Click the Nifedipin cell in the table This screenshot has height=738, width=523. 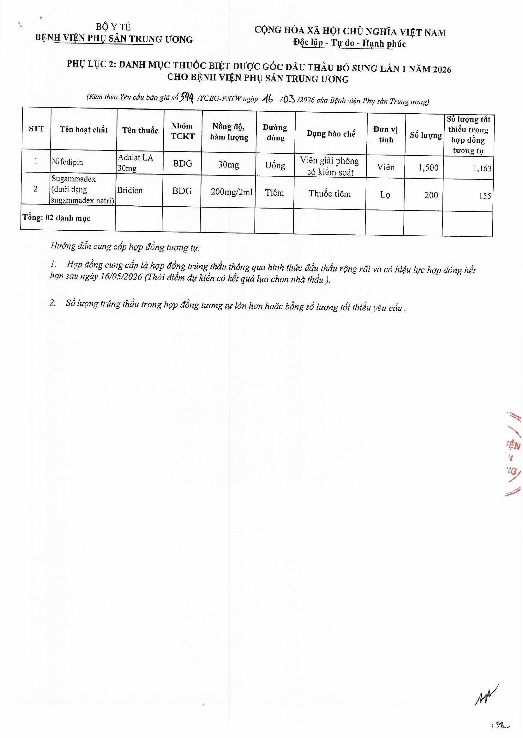click(x=67, y=162)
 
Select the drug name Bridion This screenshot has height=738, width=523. click(x=130, y=190)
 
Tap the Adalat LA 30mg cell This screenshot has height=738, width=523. click(x=135, y=162)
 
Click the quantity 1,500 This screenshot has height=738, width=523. click(x=428, y=168)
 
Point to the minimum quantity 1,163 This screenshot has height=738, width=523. click(x=482, y=168)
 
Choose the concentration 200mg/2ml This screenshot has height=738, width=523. click(x=231, y=192)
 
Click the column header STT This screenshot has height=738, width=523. click(x=36, y=129)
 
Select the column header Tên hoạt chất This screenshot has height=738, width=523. click(x=84, y=130)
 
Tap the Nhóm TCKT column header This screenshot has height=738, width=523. click(x=183, y=131)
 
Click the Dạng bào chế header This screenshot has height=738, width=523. click(x=331, y=133)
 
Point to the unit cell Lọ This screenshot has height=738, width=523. click(x=385, y=195)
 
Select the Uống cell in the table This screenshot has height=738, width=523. click(x=275, y=166)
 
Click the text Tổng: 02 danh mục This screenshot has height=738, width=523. click(x=56, y=218)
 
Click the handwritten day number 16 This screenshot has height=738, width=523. click(x=268, y=99)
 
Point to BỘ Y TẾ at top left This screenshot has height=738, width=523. click(x=113, y=27)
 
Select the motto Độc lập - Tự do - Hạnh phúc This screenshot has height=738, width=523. click(x=349, y=43)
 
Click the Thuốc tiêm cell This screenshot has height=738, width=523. click(x=329, y=194)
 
